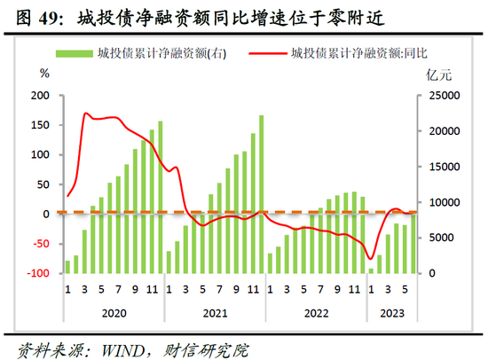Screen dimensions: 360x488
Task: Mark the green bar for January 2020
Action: pyautogui.click(x=67, y=266)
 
